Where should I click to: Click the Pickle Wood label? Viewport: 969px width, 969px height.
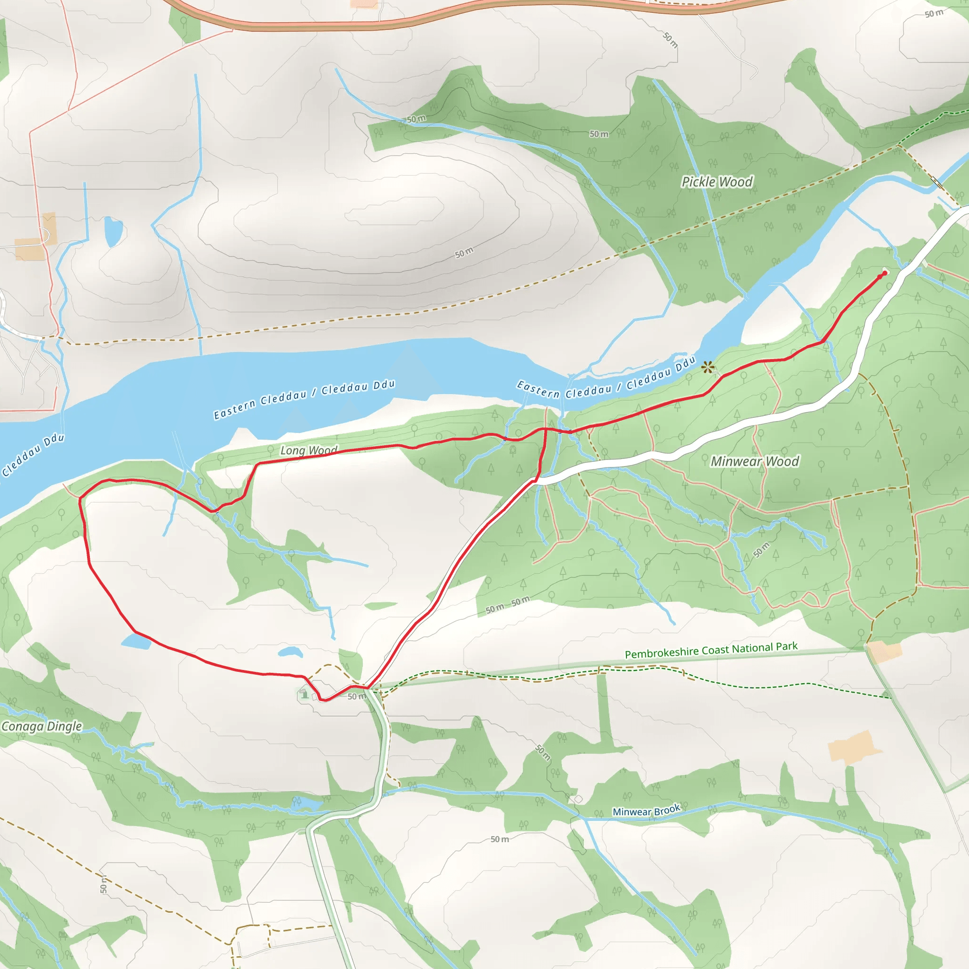point(717,182)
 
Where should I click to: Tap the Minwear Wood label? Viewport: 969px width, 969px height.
point(754,461)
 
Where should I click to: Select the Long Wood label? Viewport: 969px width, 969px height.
point(308,450)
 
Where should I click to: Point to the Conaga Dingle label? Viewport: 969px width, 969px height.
point(42,726)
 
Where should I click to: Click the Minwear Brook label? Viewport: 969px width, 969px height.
point(646,810)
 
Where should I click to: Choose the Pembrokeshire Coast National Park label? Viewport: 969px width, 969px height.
point(711,650)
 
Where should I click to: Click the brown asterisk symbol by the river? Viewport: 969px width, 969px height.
point(708,368)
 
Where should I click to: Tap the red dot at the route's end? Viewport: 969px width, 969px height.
point(884,273)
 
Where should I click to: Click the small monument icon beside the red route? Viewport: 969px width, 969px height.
point(304,694)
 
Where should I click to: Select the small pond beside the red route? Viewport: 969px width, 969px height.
point(136,641)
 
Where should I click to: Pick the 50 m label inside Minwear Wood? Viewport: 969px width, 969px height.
point(761,550)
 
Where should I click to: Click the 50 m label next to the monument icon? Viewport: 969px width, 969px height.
point(357,696)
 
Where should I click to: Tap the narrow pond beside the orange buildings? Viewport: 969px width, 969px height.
point(113,231)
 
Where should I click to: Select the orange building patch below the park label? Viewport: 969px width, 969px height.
point(885,652)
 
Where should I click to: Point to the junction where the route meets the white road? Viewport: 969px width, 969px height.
point(536,481)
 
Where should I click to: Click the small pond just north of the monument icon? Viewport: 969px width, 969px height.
point(291,652)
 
